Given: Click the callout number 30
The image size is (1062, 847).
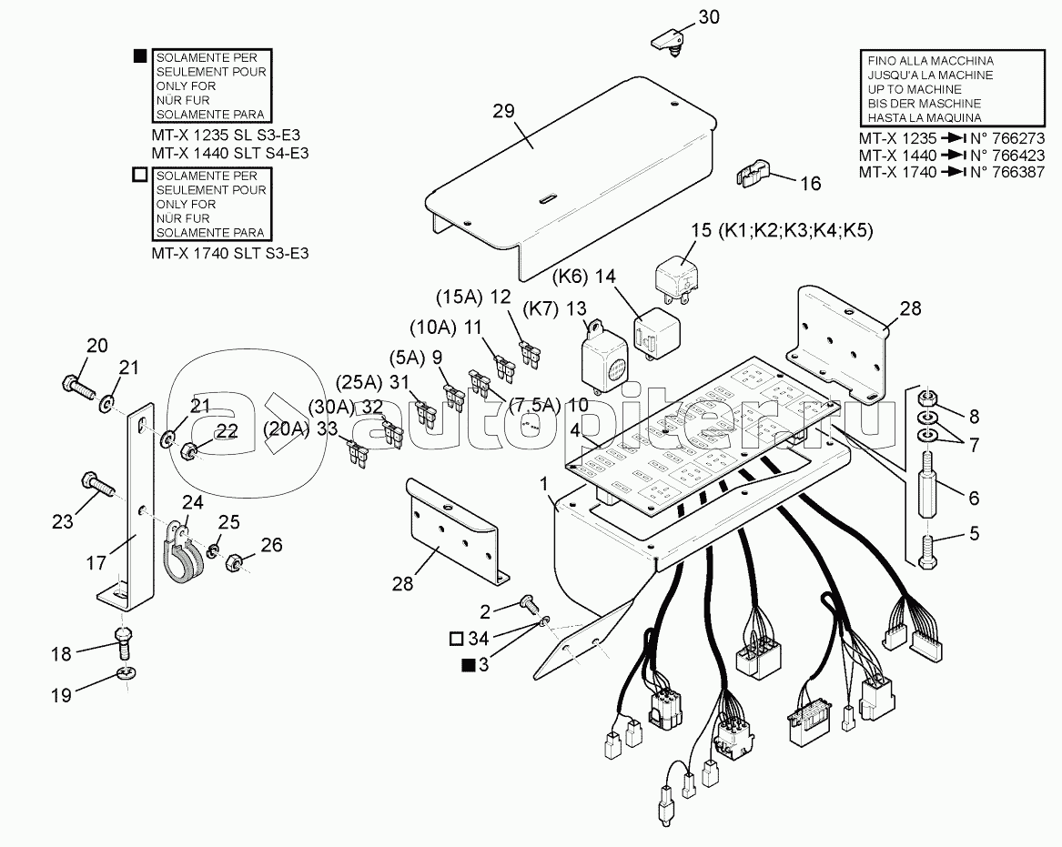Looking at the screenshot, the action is coord(708,17).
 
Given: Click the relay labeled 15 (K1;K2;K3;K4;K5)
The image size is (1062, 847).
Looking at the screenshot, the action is coord(677,274).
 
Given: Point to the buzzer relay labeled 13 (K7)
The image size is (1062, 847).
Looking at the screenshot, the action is coord(605,356).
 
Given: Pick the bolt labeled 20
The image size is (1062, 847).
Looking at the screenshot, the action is coord(81,388).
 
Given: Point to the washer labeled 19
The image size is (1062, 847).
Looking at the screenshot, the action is coord(125,673).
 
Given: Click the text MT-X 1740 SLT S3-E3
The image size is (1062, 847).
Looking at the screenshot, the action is coord(229,253).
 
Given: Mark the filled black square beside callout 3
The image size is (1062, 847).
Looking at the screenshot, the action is coord(468,666).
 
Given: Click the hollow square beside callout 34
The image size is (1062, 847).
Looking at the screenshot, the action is coord(456,638).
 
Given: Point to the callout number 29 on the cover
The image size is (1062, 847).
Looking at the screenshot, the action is coord(503,110).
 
